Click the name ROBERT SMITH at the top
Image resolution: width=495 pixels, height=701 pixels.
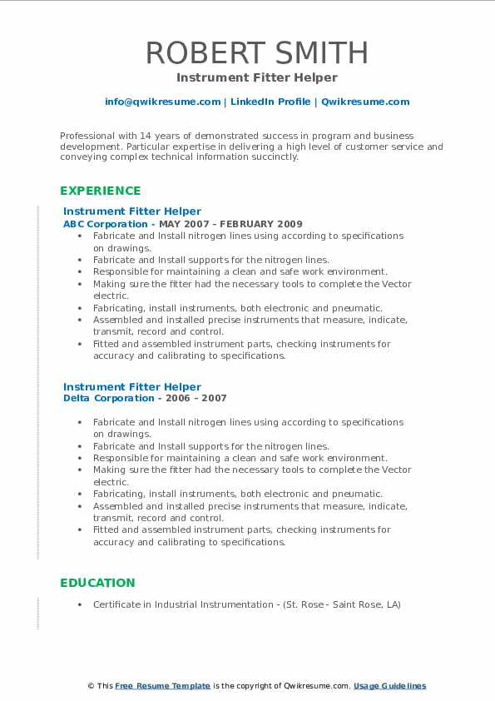tap(257, 52)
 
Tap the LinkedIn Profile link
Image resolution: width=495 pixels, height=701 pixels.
tap(259, 102)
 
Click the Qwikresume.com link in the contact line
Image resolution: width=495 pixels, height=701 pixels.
tap(365, 102)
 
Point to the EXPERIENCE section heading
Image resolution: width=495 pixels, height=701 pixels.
tap(100, 191)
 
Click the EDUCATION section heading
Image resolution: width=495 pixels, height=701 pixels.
tap(97, 583)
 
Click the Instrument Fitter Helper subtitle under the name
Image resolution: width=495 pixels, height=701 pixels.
tap(257, 77)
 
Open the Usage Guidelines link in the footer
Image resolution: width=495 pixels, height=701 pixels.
tap(389, 686)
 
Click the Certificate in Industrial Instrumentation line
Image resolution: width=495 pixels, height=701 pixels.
tap(246, 604)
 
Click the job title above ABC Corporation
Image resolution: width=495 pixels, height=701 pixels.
tap(131, 211)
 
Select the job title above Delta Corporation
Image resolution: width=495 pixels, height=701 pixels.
tap(131, 386)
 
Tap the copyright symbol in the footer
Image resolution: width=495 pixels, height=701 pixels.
tap(92, 686)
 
